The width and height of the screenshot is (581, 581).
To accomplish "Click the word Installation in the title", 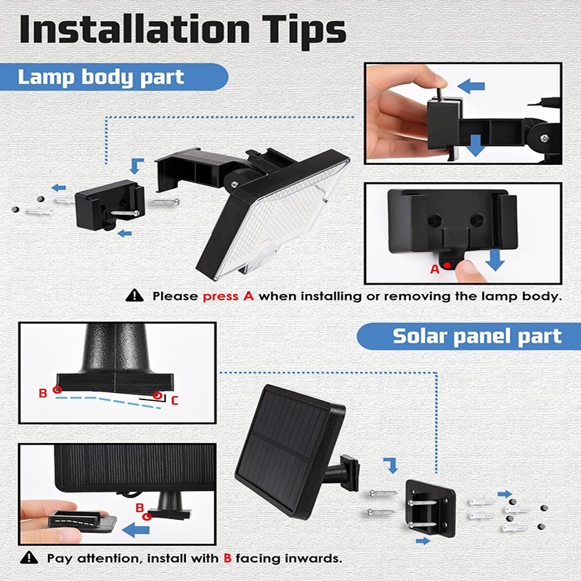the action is pos(134,30).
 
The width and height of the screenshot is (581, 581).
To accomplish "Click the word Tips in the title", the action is pos(304,32).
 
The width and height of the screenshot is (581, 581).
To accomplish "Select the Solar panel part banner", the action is pos(469,336).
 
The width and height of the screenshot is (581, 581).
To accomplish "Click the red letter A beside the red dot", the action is pos(434,269).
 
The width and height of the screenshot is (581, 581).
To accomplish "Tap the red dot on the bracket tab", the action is pos(447,265).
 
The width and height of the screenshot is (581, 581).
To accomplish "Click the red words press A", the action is pos(228,296).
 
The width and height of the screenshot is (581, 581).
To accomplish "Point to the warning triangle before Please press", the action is pos(134,296).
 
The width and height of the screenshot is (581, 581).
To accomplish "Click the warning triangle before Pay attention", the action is pos(29,557).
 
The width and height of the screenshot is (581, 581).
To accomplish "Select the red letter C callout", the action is pos(174,401).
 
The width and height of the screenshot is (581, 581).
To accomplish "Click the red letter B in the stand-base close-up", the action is pos(43,393).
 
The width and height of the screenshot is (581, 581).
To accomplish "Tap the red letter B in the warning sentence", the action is pos(227,558).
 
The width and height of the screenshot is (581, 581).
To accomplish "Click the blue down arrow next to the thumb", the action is pos(495,260).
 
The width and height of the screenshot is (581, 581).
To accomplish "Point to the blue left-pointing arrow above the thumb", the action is pos(471,86).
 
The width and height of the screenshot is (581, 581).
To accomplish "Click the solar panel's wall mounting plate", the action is pos(430,508).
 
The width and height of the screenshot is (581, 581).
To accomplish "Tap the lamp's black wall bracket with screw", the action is pos(110,205).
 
